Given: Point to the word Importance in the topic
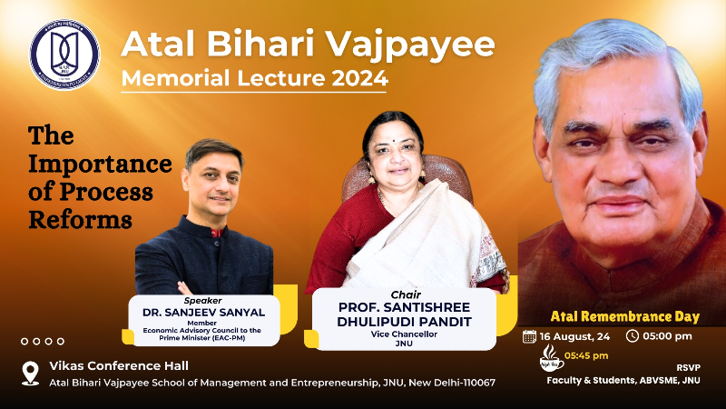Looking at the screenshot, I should click(100, 165).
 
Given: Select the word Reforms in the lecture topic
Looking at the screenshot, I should click(81, 219).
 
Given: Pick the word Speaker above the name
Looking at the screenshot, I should click(203, 300).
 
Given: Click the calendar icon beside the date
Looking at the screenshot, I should click(530, 336).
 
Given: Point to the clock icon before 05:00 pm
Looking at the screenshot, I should click(633, 336).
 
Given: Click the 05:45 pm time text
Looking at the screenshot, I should click(587, 354).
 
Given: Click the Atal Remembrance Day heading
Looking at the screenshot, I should click(625, 316).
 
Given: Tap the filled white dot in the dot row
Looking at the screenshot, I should click(25, 341).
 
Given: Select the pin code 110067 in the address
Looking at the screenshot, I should click(473, 382).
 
